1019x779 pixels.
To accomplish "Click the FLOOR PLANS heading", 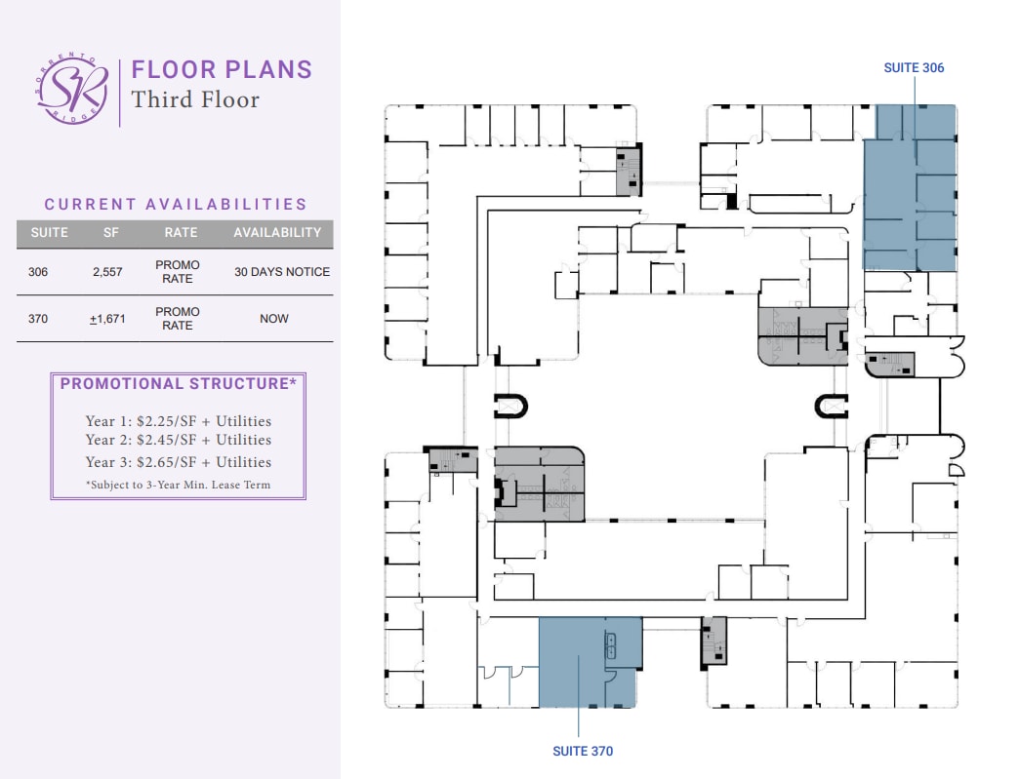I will tap(222, 70).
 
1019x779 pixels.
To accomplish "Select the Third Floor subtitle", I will tap(195, 99).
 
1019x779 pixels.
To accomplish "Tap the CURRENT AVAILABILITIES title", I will tap(176, 204).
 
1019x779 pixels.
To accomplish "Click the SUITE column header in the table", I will tap(49, 233).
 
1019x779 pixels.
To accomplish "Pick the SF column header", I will tap(110, 233).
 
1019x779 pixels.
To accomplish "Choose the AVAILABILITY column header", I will tap(277, 233).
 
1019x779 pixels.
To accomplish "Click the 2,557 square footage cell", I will tap(107, 272).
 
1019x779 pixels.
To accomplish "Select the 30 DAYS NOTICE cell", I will tap(282, 272).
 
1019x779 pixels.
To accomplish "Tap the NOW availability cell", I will tap(274, 319).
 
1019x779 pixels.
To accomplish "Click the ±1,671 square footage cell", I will tap(107, 319).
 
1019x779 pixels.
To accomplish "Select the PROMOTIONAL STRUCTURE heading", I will tap(179, 384).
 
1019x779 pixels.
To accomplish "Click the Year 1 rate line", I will tap(179, 421).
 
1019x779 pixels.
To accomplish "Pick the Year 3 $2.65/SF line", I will tap(179, 462).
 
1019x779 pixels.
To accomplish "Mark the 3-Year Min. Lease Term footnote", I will tap(179, 485).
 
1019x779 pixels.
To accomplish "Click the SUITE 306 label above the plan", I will tap(914, 68).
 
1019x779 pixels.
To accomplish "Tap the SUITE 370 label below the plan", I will tap(583, 751).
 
